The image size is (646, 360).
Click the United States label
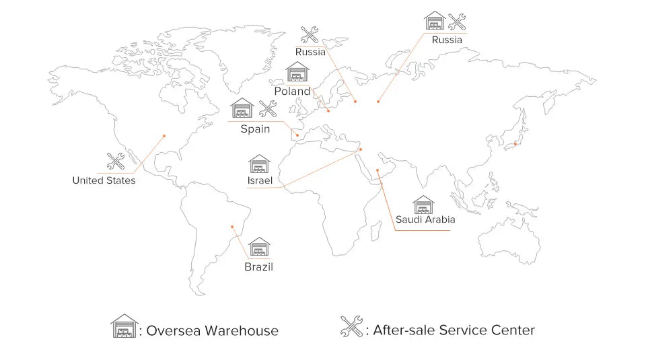coord(104,180)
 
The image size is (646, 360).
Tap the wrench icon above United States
coord(116,161)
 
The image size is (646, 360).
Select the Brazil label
coord(258,267)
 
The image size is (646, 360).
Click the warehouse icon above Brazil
coord(259,247)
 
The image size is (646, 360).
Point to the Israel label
coord(259,181)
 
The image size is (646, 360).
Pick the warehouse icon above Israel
coord(259,164)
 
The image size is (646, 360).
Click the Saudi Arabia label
coord(425,219)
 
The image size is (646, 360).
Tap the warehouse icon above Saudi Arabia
coord(423,204)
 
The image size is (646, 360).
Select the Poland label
coord(292,91)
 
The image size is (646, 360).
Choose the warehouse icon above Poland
coord(297,71)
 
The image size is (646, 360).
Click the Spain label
coord(255,129)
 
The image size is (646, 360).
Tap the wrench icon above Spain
coord(268,108)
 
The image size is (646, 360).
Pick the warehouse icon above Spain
coord(242,108)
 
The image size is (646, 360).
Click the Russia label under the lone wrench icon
coord(310,52)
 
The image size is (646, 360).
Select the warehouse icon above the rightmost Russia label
coord(435,20)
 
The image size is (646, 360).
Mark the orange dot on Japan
coord(515,143)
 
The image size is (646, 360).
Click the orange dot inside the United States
coord(164,135)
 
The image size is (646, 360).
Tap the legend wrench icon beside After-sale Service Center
coord(351,327)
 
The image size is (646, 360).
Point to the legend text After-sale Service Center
coord(454,330)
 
